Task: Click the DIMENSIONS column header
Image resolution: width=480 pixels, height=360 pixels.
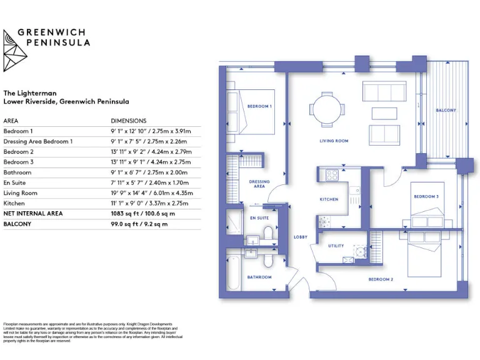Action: [x=128, y=121]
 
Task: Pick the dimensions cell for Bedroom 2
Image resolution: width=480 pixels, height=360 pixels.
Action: [x=151, y=152]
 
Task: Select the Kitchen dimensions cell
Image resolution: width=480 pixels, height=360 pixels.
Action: [x=151, y=203]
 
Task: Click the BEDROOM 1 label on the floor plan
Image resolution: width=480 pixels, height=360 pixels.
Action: [x=259, y=106]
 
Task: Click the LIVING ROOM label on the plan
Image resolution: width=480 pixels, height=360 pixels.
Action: [x=334, y=141]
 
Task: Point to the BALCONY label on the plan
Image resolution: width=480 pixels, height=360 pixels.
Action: [x=446, y=111]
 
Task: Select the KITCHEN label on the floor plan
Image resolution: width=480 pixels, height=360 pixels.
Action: [x=329, y=199]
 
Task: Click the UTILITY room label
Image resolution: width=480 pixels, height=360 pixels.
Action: [x=336, y=246]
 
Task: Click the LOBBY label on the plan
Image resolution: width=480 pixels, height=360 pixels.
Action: [x=301, y=237]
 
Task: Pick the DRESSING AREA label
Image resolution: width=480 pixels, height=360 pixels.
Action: [x=259, y=184]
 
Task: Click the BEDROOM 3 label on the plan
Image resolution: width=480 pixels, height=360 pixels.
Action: [x=426, y=197]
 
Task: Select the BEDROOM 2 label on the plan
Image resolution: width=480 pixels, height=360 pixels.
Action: [x=381, y=279]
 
